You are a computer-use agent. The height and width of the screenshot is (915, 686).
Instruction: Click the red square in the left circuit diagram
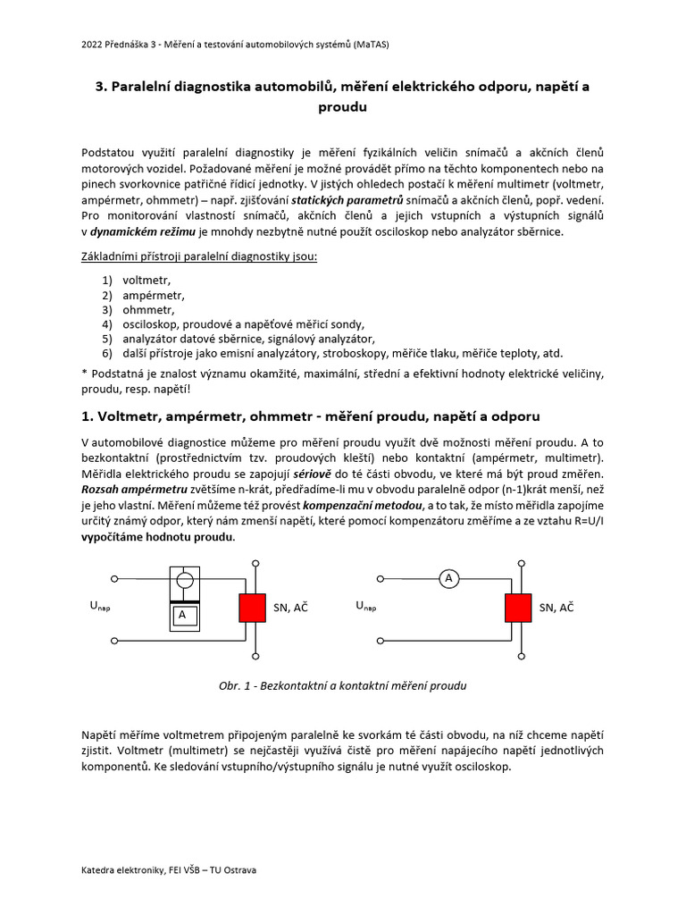coord(253,608)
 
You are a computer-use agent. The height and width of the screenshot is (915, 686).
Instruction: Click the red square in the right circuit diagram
coord(519,608)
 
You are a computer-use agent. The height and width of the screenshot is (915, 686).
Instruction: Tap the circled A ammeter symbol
coord(449,580)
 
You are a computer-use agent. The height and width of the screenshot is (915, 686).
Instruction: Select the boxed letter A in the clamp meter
coord(182,616)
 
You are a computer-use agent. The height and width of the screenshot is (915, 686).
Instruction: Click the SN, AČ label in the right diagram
coord(557,608)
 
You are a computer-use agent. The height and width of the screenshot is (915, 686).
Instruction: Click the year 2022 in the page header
coord(91,43)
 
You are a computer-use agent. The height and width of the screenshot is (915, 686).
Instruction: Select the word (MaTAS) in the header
coord(369,43)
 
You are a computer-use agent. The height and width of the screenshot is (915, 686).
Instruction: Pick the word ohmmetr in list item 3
coord(149,309)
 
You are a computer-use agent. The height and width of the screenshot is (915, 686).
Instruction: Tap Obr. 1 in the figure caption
coord(237,686)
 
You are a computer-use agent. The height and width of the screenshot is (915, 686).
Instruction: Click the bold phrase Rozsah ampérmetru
coord(134,490)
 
